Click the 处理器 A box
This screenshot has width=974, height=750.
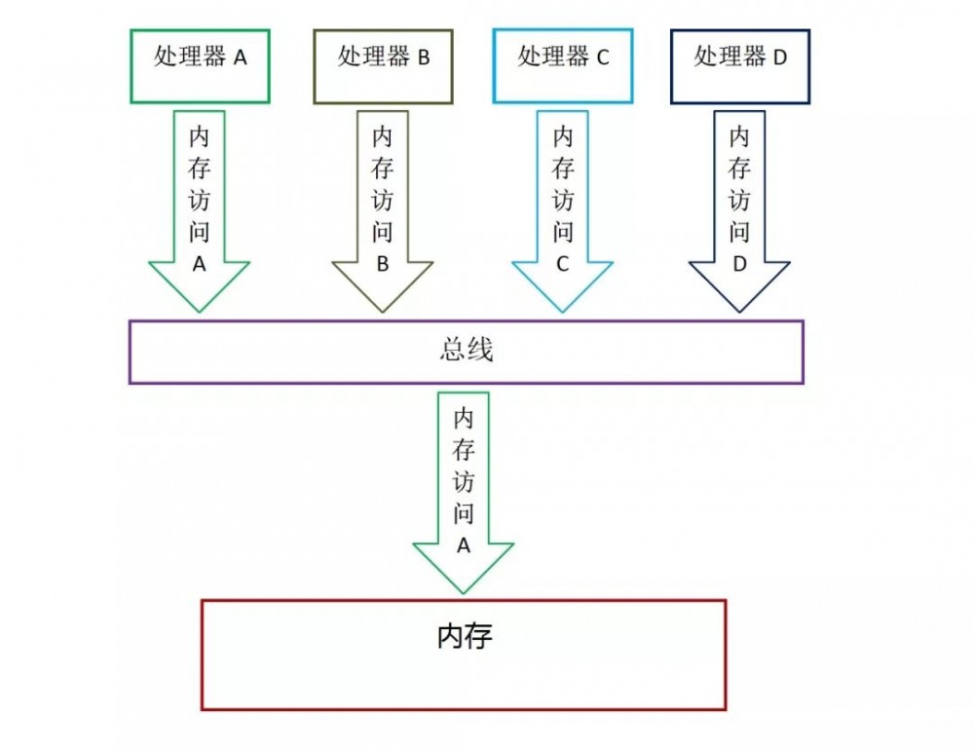tap(200, 65)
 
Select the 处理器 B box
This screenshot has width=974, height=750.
tap(384, 65)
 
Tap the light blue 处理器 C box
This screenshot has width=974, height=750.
tap(563, 65)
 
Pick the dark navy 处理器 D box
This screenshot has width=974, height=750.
tap(740, 65)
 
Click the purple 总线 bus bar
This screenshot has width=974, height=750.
tap(466, 352)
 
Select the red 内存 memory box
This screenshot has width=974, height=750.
tap(464, 655)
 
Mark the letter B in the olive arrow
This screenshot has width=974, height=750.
tap(383, 264)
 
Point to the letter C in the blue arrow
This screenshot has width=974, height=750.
tap(563, 264)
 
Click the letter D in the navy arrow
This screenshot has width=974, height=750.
tap(739, 264)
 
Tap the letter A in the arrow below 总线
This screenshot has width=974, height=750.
tap(464, 546)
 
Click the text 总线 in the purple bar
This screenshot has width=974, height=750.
tap(466, 351)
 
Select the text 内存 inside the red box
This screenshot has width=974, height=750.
tap(465, 637)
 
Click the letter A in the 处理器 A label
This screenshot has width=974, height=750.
tap(240, 57)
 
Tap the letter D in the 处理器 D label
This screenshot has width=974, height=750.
tap(779, 57)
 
